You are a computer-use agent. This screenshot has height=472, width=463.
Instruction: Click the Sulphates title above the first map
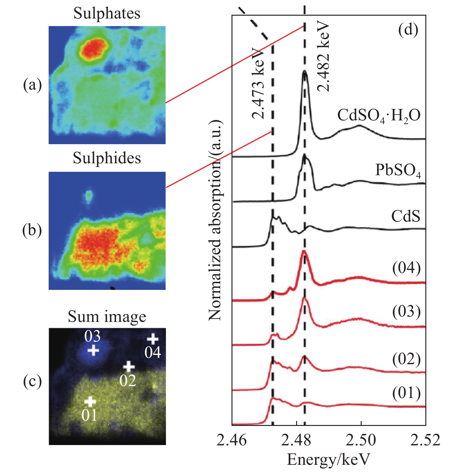[x=107, y=13]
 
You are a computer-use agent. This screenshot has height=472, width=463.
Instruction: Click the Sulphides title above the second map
[x=107, y=158]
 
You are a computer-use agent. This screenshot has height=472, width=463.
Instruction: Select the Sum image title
[x=107, y=317]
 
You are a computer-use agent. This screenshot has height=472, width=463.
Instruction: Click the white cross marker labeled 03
[x=93, y=350]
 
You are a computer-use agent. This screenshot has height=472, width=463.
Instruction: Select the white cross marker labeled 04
[x=153, y=339]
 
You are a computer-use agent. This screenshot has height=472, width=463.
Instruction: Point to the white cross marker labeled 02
[x=129, y=366]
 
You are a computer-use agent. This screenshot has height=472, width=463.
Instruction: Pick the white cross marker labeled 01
[x=90, y=401]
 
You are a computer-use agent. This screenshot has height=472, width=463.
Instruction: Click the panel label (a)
[x=32, y=85]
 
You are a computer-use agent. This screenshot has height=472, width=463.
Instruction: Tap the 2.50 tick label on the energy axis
[x=361, y=440]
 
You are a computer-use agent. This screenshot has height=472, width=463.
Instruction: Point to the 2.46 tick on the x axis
[x=232, y=440]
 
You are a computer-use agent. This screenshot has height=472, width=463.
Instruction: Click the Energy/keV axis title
[x=328, y=460]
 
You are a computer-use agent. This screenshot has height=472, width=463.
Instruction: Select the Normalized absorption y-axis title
[x=215, y=220]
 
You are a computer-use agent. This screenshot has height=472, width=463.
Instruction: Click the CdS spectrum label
[x=406, y=216]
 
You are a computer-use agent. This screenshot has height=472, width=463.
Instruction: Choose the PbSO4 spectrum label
[x=398, y=170]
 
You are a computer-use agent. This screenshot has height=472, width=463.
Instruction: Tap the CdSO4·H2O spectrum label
[x=379, y=116]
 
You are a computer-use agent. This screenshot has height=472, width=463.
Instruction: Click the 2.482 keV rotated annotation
[x=323, y=56]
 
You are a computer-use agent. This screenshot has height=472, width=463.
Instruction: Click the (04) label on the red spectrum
[x=406, y=268]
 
